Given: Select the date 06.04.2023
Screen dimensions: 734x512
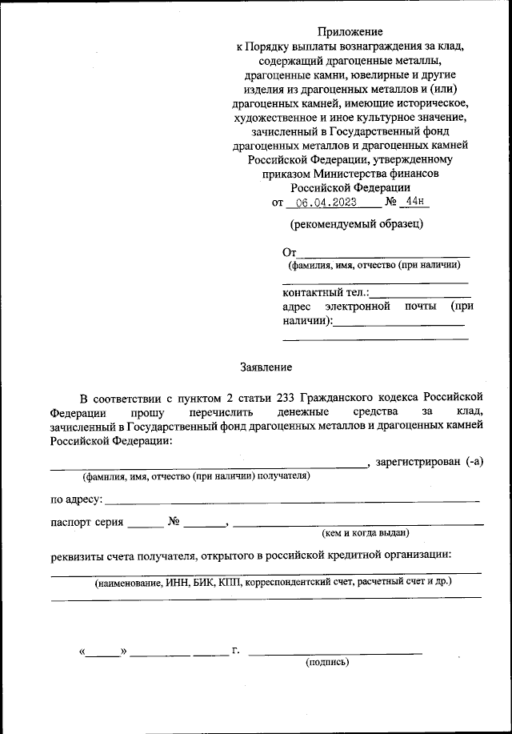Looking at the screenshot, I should point(322,203).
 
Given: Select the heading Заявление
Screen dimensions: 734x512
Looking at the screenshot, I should point(266,367).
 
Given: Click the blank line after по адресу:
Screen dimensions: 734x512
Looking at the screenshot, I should point(292,500).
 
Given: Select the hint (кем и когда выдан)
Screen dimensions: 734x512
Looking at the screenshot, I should point(366,532).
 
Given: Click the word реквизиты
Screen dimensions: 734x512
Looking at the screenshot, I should point(78,555).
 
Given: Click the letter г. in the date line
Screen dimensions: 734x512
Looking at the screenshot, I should point(236,651).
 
